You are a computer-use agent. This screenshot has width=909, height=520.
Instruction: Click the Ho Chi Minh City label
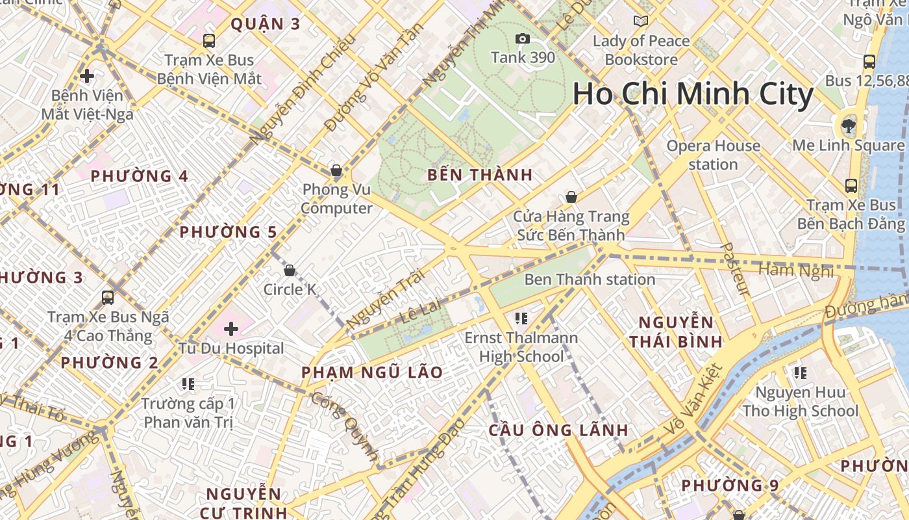pos(693,94)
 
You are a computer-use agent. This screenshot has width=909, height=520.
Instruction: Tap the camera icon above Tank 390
pos(522,39)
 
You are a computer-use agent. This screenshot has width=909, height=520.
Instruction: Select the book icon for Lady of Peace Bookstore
pos(641,21)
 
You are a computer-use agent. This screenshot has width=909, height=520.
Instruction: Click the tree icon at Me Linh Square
pos(847,125)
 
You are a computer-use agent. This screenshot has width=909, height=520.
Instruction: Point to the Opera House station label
pos(713,155)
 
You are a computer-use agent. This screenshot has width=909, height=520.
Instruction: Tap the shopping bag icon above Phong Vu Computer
pos(336,171)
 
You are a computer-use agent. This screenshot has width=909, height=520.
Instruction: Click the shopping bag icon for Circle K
pos(290,270)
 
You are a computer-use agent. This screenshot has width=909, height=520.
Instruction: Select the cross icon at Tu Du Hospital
pos(230,329)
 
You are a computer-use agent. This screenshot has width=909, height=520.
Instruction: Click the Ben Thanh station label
pos(590,279)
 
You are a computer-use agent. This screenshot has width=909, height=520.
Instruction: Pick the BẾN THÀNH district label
pos(480,175)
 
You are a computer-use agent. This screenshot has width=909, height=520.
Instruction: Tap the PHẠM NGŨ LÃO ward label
pos(372,372)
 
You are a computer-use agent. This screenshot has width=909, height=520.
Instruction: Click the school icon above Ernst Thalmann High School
pos(521,318)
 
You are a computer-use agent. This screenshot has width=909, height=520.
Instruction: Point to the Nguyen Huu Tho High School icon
pos(801,373)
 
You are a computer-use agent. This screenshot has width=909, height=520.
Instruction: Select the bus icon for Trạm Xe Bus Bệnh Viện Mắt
pos(209,41)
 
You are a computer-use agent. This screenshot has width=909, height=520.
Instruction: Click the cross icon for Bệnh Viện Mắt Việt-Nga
pos(87,76)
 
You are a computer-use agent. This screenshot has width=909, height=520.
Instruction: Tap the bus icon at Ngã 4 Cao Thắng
pos(108,298)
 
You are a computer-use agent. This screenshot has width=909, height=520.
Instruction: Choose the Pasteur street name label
pos(736,270)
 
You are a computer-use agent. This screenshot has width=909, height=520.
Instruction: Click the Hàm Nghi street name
pos(795,270)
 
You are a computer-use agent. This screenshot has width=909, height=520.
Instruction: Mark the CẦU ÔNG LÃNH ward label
pos(558,430)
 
